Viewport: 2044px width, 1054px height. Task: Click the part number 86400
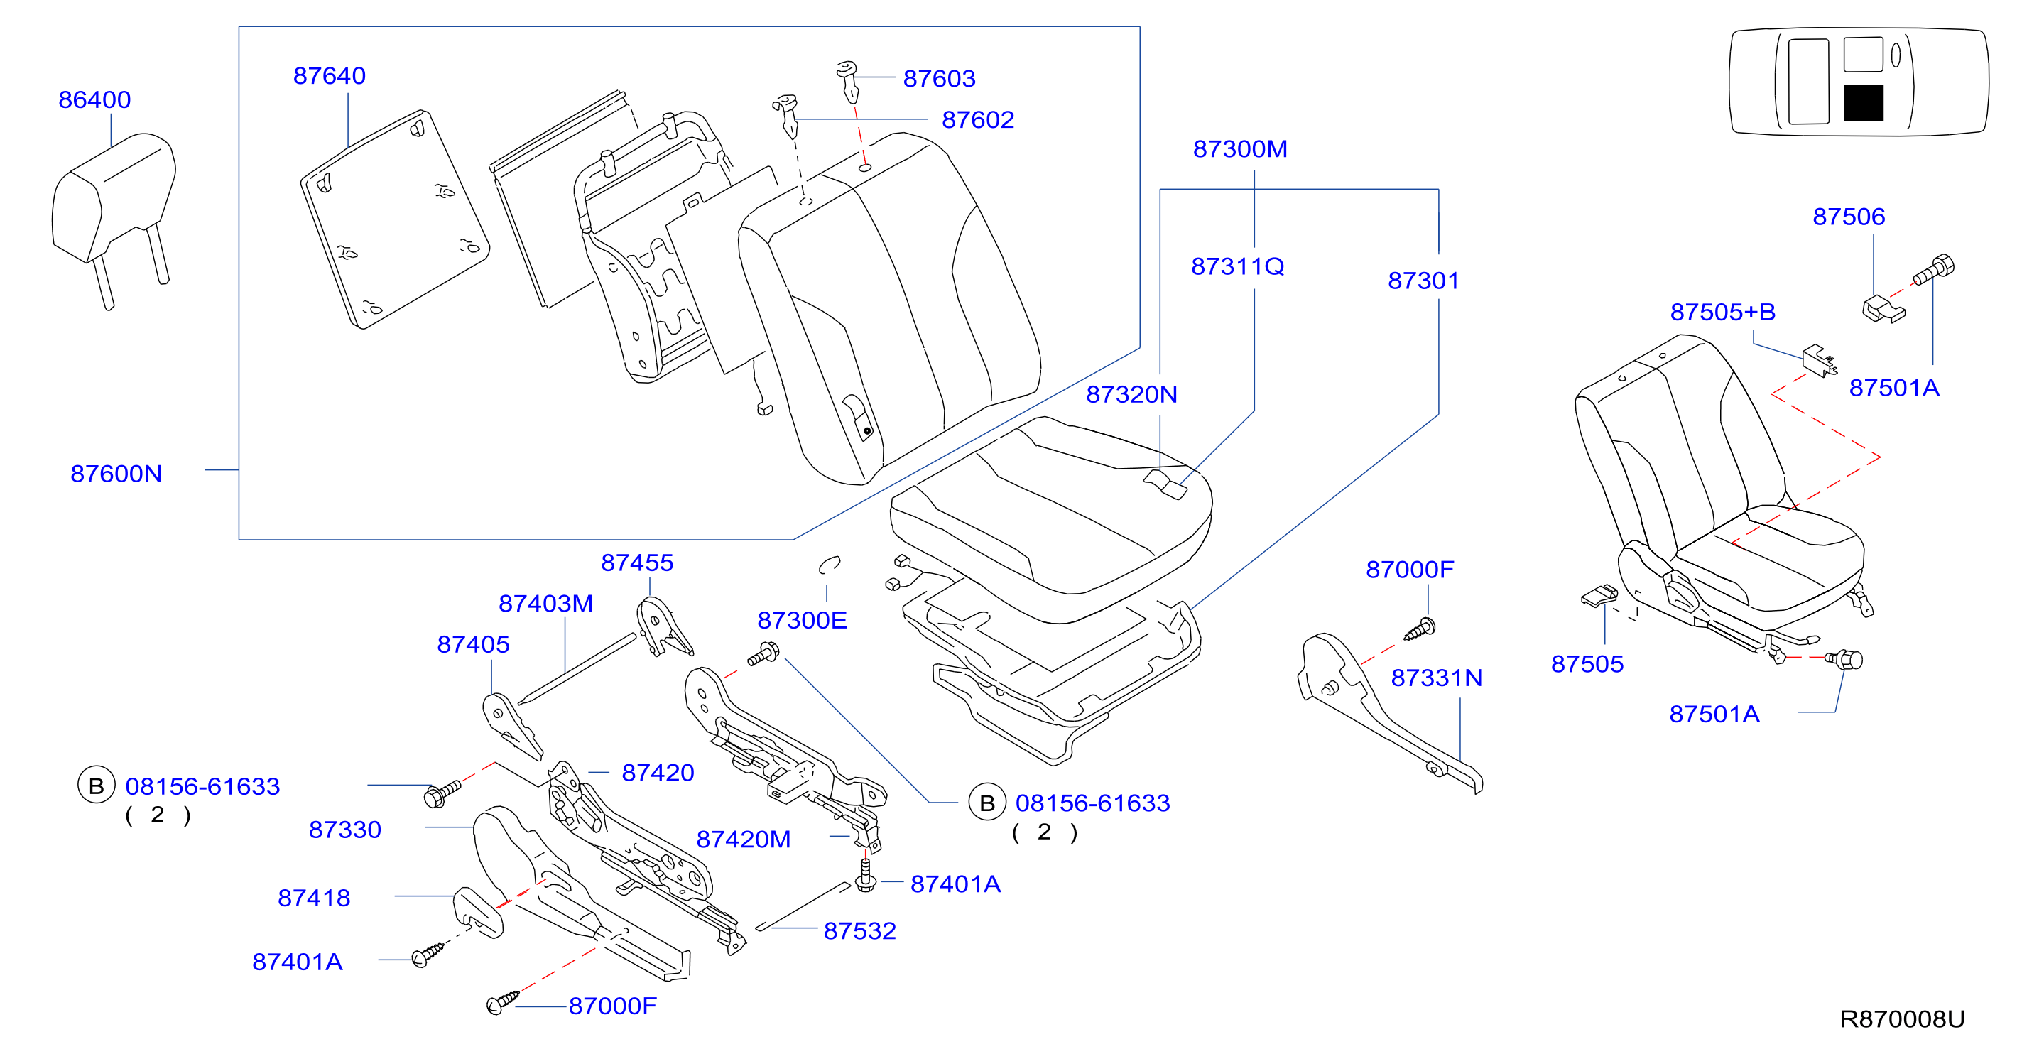coord(94,100)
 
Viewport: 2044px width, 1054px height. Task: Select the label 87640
coord(330,76)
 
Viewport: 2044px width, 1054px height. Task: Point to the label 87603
coord(940,79)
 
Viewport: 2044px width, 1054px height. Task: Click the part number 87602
coord(979,120)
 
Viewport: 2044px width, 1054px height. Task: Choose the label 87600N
coord(116,474)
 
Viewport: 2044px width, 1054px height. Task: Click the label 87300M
coord(1240,149)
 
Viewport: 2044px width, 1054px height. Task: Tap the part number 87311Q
coord(1238,266)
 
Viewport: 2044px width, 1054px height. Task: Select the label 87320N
coord(1131,394)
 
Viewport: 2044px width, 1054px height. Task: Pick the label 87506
coord(1849,217)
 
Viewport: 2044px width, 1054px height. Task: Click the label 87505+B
coord(1723,312)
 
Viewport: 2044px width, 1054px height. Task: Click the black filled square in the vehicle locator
coord(1863,103)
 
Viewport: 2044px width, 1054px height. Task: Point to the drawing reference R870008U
coord(1902,1019)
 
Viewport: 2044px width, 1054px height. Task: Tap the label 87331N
coord(1436,678)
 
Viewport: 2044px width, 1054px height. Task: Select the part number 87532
coord(860,931)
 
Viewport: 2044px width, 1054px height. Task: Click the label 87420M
coord(744,840)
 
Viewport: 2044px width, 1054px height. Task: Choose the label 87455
coord(637,563)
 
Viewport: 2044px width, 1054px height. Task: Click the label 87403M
coord(546,604)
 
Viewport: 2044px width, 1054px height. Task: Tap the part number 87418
coord(314,898)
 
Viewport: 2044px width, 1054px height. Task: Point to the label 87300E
coord(803,621)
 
